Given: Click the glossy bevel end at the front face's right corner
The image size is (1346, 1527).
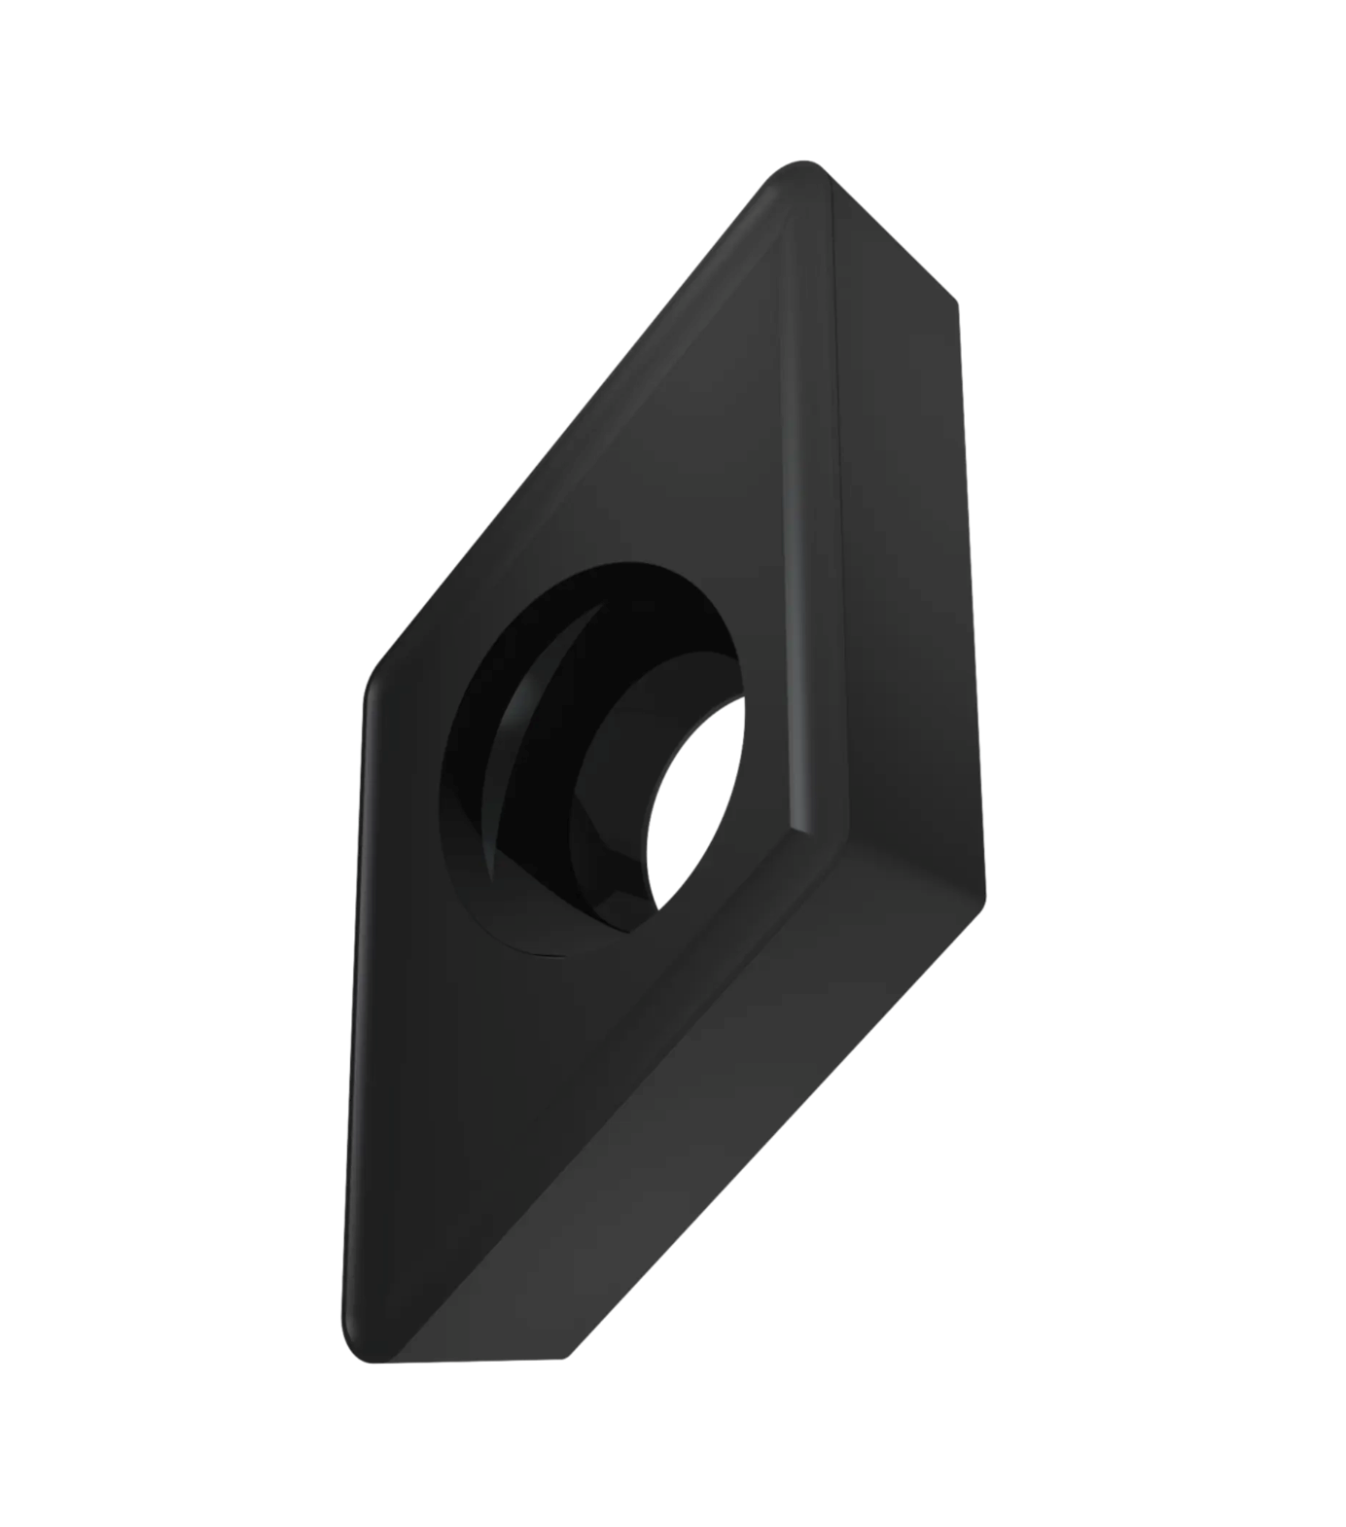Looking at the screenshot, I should coord(817,827).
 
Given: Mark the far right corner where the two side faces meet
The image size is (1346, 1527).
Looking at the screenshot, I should coord(982,896).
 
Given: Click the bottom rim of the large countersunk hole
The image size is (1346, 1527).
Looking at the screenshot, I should coord(545,953).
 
